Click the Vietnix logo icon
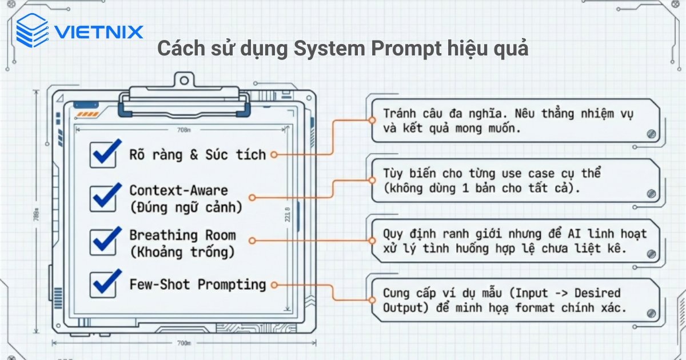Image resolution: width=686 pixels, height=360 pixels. [31, 30]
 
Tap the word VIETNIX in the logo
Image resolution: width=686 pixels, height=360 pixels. [98, 31]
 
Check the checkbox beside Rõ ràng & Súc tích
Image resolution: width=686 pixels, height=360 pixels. [104, 154]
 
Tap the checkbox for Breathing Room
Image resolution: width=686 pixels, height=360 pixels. [104, 241]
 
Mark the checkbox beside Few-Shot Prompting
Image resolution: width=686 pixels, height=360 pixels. [104, 284]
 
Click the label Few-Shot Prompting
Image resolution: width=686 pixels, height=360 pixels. [198, 284]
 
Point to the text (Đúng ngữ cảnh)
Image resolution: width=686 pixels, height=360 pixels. [186, 206]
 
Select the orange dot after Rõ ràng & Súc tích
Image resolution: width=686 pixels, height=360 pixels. [274, 155]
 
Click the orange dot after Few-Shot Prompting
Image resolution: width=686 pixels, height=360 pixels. [274, 285]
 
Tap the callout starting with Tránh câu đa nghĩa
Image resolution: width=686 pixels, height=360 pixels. [514, 121]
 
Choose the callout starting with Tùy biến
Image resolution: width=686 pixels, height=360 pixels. [514, 181]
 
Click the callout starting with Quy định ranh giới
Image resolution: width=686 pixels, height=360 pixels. [514, 241]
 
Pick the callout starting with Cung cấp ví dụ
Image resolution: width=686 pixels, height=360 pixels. [514, 301]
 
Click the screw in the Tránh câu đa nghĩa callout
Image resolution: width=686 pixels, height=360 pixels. [651, 134]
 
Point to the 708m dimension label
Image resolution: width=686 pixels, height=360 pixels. [184, 130]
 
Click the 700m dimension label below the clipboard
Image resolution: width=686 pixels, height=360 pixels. [184, 343]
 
